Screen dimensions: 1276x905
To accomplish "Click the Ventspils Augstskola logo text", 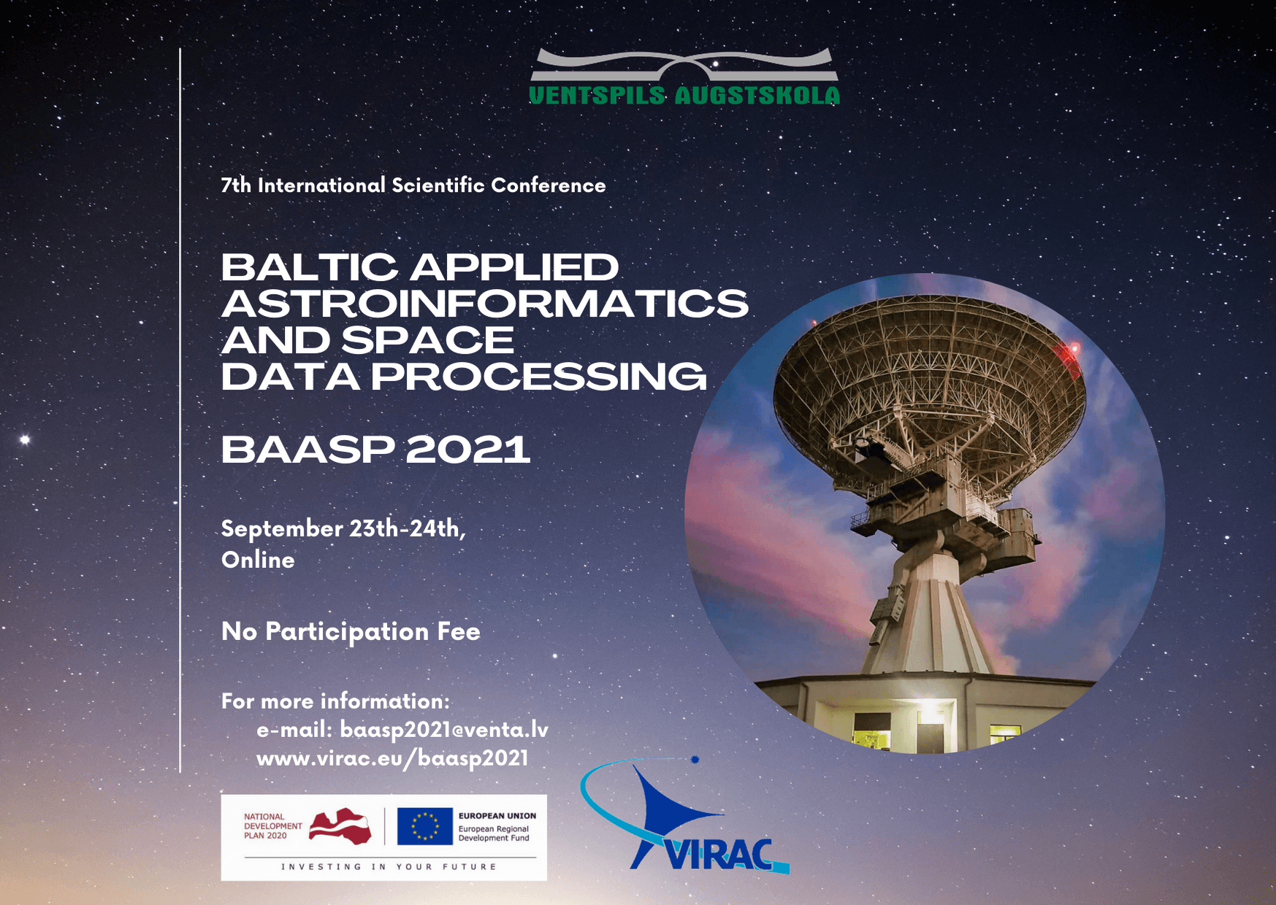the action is coord(684,96).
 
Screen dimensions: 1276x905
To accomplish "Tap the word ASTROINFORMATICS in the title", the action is coord(485,304).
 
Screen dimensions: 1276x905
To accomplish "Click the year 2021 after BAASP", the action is coord(467,449).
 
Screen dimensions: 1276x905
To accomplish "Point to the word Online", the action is coord(258,560).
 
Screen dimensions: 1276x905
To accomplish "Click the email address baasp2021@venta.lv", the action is coord(443,730).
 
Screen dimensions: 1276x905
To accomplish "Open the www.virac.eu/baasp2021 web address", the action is coord(392,758).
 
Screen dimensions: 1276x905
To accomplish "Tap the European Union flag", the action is coord(425,826).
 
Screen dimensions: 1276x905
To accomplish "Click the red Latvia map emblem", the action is coord(340,826).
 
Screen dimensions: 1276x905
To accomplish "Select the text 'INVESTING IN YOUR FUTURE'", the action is coord(389,867).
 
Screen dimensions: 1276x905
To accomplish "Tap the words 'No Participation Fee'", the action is coord(351,631).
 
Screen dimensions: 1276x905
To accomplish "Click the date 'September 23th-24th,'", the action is coord(343,528).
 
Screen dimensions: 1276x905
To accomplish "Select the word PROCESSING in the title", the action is coord(539,377).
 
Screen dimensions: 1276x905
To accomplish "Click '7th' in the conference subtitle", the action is coord(236,185).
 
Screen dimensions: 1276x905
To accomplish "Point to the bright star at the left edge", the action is coord(25,439).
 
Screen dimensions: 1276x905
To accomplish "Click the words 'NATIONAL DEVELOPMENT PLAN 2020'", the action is coord(273,826).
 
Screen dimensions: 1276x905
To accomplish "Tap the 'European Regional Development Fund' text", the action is coord(494,833).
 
